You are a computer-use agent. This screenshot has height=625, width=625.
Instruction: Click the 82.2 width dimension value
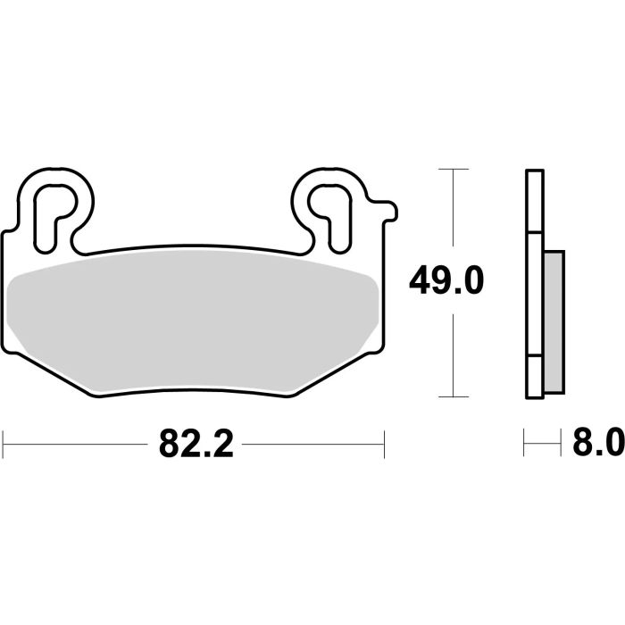pyautogui.click(x=196, y=442)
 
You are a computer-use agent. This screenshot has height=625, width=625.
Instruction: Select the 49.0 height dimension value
pyautogui.click(x=446, y=282)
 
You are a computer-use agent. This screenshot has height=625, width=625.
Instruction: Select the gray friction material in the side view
pyautogui.click(x=554, y=321)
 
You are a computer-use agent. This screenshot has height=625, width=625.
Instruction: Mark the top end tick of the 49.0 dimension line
pyautogui.click(x=455, y=168)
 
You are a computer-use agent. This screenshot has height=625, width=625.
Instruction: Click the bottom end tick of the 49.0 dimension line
pyautogui.click(x=455, y=397)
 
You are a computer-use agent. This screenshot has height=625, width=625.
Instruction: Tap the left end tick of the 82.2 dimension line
pyautogui.click(x=4, y=442)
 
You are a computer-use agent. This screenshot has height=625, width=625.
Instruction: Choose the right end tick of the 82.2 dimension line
pyautogui.click(x=384, y=442)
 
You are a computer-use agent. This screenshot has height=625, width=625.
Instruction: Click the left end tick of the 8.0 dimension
pyautogui.click(x=525, y=442)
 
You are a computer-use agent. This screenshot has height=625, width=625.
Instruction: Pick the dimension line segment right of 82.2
pyautogui.click(x=312, y=442)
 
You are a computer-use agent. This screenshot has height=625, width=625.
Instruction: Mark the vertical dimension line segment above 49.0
pyautogui.click(x=455, y=214)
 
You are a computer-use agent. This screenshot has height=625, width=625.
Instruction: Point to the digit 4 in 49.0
pyautogui.click(x=419, y=282)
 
